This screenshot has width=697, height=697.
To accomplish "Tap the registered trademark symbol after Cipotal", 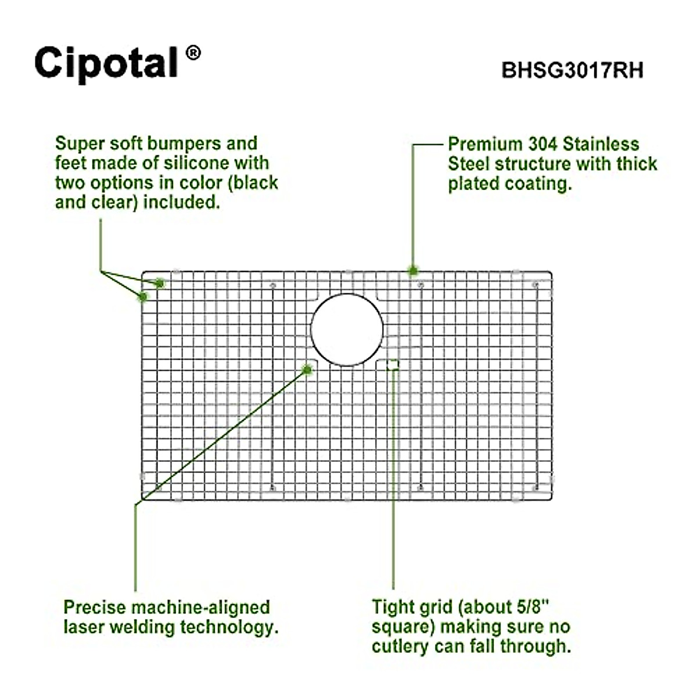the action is coord(193,53).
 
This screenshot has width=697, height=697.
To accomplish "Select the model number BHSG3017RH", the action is coord(572,71).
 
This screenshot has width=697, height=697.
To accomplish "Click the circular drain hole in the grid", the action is coord(347,329).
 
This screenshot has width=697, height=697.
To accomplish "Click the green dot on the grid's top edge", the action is coord(413,270).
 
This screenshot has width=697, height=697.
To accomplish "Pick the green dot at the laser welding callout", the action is coord(307,369).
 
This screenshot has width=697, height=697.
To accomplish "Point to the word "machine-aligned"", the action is coord(200,608).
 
